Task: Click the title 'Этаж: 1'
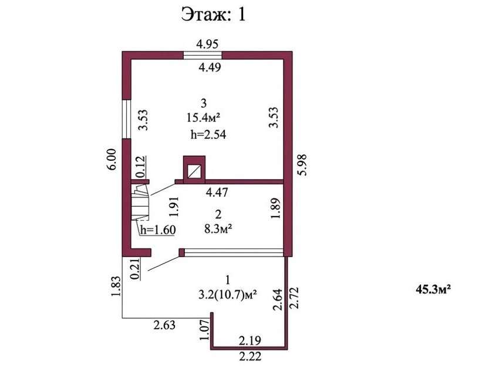pos(213,15)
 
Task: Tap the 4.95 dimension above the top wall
pos(207,44)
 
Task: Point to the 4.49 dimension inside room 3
pos(210,67)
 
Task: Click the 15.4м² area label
pos(203,117)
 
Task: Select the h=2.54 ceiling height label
pos(208,134)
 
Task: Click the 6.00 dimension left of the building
pos(112,159)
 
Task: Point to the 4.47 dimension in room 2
pos(217,193)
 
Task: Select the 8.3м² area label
pos(218,228)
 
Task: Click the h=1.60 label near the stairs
pos(158,230)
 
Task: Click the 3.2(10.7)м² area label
pos(228,295)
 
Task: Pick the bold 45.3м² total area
pos(433,289)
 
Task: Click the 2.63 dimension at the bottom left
pos(164,325)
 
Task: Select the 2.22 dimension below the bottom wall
pos(250,356)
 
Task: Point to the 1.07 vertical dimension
pos(204,329)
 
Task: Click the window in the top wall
pos(203,55)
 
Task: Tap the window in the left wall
pos(127,119)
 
